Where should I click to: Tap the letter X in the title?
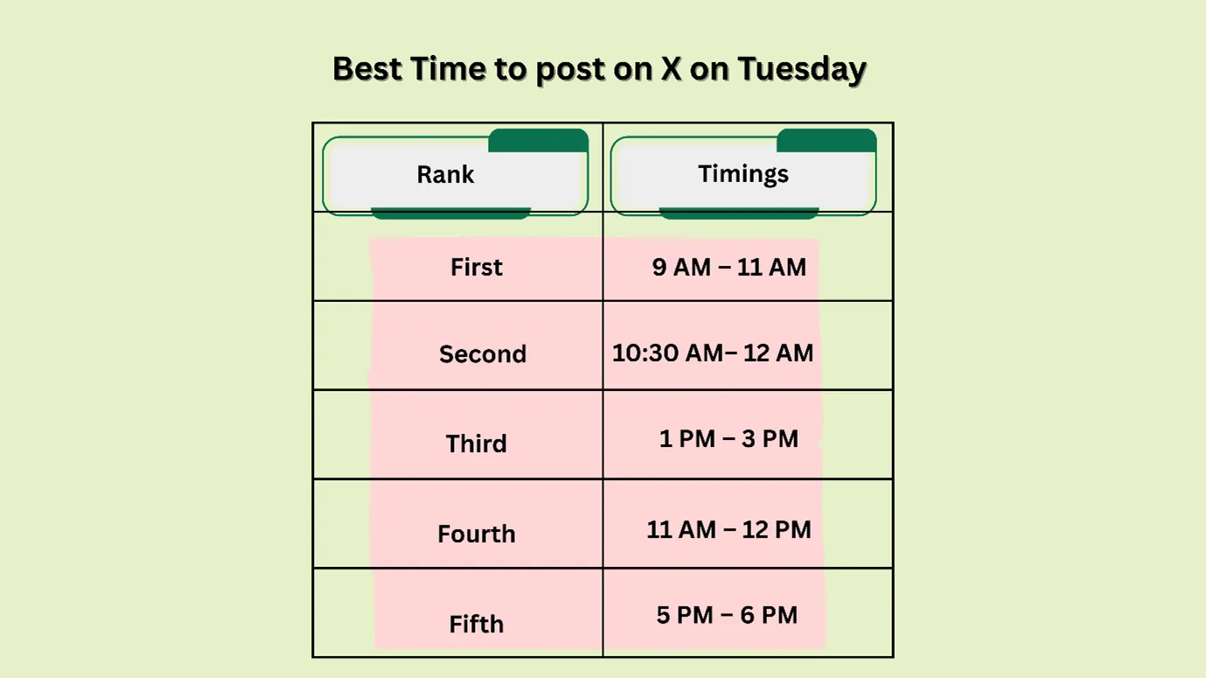(671, 68)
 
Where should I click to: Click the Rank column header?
(445, 174)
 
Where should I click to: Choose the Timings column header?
(742, 174)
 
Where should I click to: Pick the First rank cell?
(477, 267)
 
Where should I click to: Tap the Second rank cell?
(483, 354)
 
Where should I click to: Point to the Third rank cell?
(477, 444)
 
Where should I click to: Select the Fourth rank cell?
(477, 534)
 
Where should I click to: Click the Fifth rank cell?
(477, 624)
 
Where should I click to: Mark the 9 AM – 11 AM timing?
(729, 267)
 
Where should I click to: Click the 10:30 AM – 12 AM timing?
(713, 353)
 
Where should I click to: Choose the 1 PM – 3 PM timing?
(728, 438)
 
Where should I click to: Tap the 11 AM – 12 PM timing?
(728, 529)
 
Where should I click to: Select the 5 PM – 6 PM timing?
(727, 615)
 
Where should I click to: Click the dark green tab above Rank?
(538, 140)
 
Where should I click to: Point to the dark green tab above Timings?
(826, 140)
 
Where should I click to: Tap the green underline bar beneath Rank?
(450, 213)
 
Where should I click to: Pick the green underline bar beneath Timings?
(738, 213)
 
